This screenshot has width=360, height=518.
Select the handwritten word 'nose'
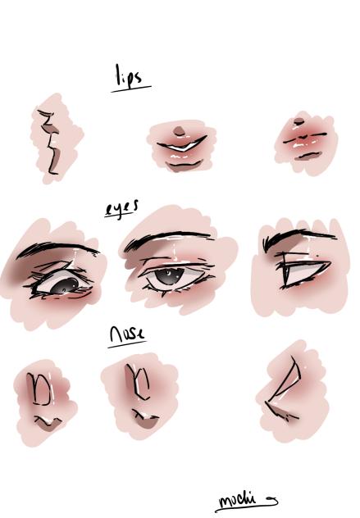pos(127,334)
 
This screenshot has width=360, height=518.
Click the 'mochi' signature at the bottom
pos(238,499)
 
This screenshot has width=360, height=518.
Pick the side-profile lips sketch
pos(51,141)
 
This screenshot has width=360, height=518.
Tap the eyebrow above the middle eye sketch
pos(168,239)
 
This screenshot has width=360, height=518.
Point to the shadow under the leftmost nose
pos(49,422)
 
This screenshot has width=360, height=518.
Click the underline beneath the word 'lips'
pos(131,86)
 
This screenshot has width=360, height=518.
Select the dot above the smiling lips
pos(180,129)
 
